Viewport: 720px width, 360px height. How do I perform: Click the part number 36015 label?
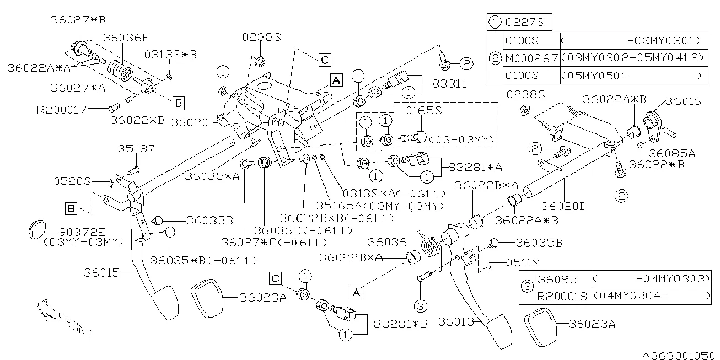(102, 273)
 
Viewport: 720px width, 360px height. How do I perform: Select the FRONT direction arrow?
(61, 318)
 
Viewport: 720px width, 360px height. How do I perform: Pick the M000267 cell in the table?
(530, 57)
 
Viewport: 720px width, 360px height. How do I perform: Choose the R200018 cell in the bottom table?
(562, 297)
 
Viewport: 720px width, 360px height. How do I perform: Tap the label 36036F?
(126, 37)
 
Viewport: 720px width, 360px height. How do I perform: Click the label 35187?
(136, 149)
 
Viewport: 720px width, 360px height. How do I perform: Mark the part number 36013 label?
(456, 321)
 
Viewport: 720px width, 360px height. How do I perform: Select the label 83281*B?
(401, 324)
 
